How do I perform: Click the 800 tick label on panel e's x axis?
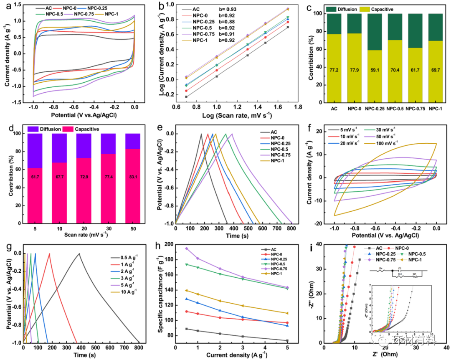[x=291, y=229]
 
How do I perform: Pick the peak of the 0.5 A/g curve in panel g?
[x=79, y=253]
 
